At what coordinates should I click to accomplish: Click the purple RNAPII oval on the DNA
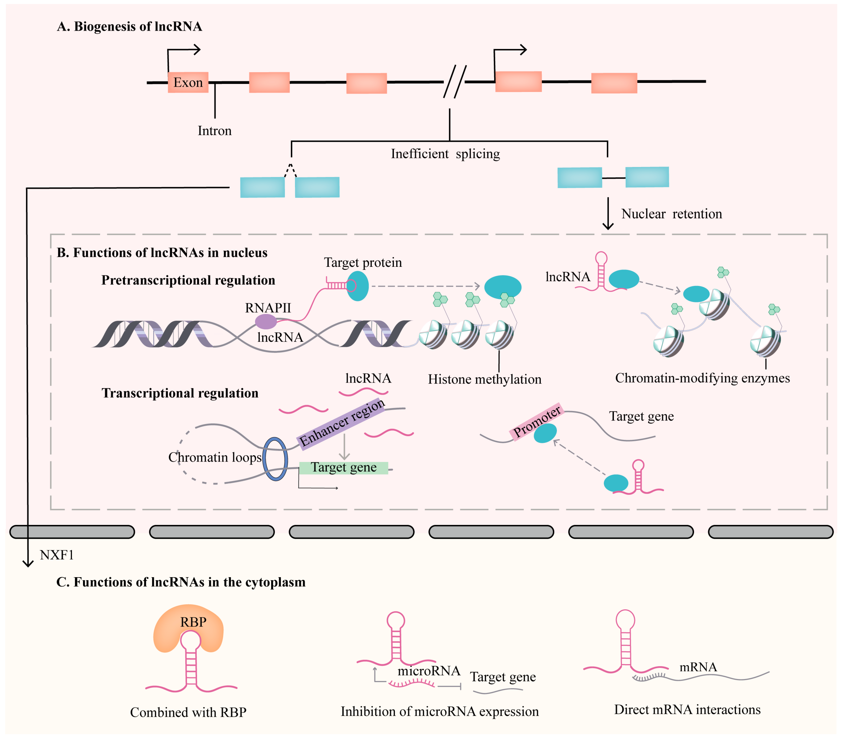(266, 321)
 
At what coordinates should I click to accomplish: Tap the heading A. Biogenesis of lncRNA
(129, 26)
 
